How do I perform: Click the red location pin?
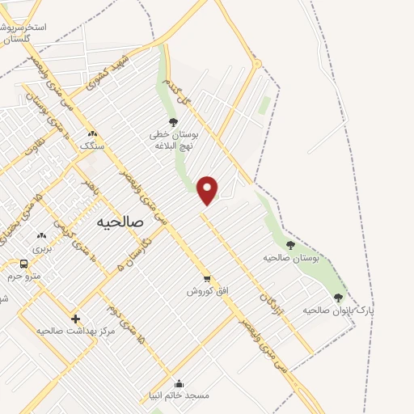pos(208,189)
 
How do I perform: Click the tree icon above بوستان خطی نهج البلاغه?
pos(172,122)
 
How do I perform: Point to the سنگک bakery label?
pos(91,146)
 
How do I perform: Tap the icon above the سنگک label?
pos(91,133)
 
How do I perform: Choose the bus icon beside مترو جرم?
pos(23,264)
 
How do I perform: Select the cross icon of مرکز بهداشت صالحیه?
pos(75,319)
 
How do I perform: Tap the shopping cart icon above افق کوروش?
pos(207,277)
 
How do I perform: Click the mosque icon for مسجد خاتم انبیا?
pos(179,383)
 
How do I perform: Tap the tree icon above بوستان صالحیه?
pos(290,245)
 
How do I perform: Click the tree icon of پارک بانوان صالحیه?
pos(338,298)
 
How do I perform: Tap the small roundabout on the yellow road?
pos(257,63)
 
